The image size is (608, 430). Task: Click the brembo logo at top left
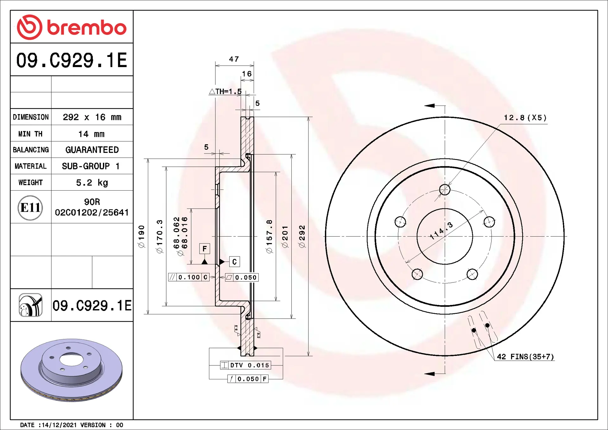pos(72,27)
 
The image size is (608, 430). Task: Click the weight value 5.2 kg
pos(92,183)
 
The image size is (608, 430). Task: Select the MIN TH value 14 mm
pos(92,134)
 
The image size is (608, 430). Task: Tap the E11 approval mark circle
pos(30,208)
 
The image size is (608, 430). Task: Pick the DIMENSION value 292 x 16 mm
pos(92,117)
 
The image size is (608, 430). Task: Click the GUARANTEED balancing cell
pos(92,150)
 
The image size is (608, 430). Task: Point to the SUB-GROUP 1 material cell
pos(91,166)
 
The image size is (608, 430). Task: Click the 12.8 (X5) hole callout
pos(525,118)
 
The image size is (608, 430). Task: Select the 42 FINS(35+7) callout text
pos(525,357)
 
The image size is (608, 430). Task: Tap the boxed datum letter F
pos(205,249)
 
